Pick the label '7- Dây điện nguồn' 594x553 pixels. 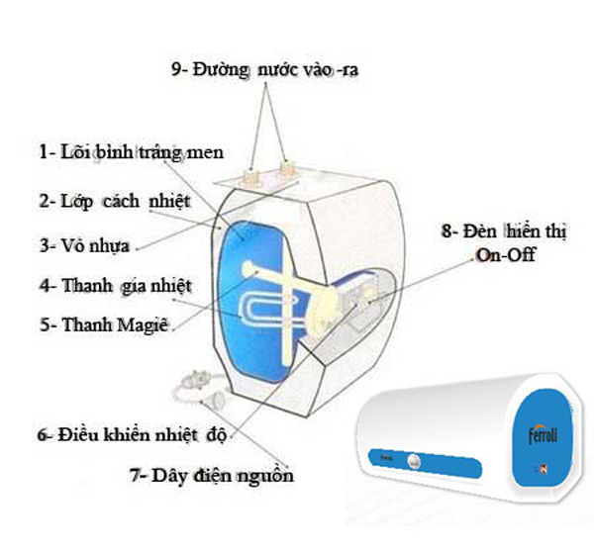coord(212,475)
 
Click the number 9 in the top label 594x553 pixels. coord(177,70)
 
